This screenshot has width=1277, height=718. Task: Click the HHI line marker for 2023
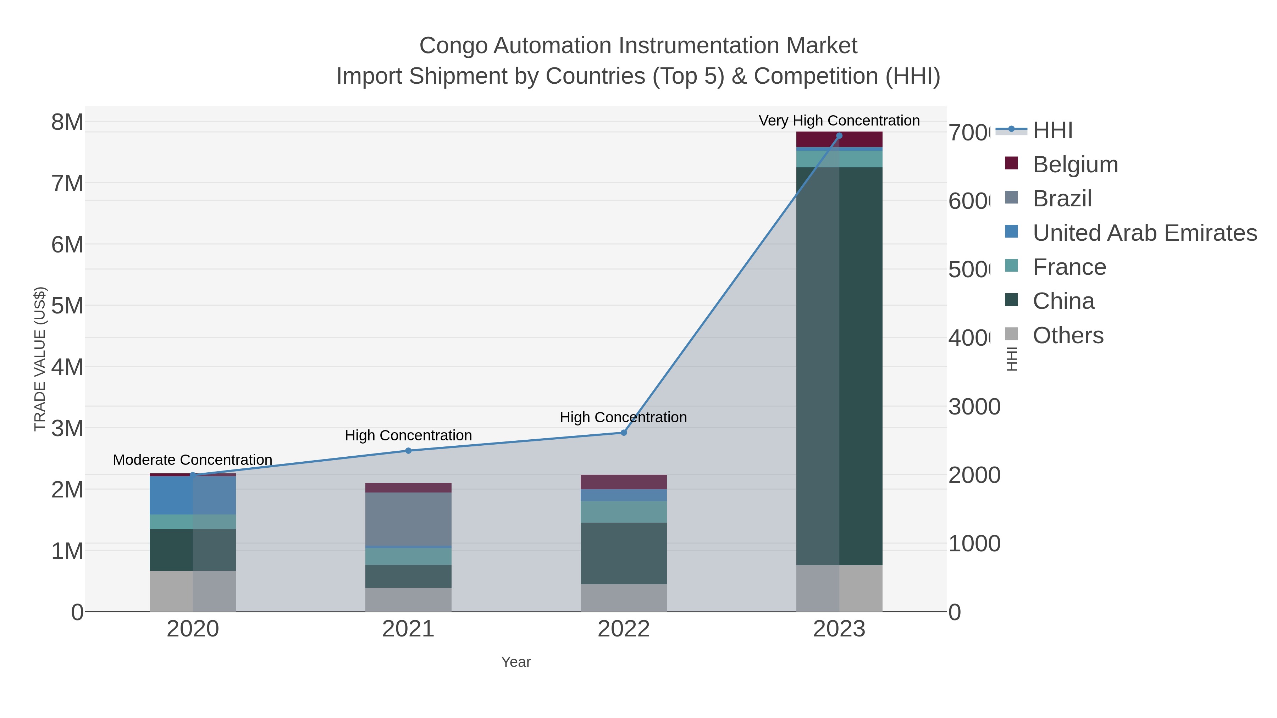point(839,136)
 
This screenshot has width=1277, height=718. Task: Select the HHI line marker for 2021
point(408,450)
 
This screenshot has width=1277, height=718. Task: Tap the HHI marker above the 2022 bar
point(624,433)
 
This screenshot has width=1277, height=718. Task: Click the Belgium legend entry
point(1075,165)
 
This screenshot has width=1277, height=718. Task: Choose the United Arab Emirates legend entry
point(1144,233)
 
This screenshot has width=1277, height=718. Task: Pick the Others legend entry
point(1067,335)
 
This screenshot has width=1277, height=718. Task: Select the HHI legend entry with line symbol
point(1052,130)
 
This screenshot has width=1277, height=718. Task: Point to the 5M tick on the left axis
point(67,306)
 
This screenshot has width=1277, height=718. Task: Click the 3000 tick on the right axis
point(974,407)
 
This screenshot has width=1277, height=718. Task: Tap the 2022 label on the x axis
point(624,629)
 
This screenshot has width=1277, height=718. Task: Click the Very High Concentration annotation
point(839,121)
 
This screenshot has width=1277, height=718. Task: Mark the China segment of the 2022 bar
point(624,553)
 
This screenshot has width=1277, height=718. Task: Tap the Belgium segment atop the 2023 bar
point(839,139)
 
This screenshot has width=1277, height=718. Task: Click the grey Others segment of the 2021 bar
point(408,599)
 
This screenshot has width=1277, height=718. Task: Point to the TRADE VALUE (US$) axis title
point(40,359)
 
